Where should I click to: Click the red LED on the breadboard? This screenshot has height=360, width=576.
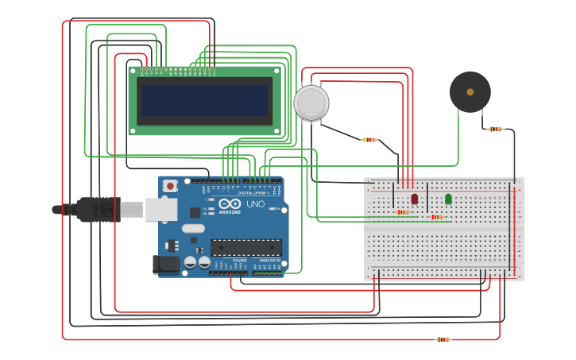(414, 198)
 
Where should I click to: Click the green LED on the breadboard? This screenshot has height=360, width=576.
(448, 198)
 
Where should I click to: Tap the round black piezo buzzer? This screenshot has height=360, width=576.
(470, 92)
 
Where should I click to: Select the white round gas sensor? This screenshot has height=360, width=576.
(311, 103)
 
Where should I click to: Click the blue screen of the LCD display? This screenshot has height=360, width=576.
(205, 100)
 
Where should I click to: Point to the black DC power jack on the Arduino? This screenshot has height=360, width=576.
(164, 265)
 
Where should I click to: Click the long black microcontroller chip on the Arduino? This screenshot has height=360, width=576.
(245, 248)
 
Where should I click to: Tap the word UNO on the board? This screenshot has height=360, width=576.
(255, 204)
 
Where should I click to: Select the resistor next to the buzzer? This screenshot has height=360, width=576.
(496, 129)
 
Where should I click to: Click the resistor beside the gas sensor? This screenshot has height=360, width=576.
(369, 140)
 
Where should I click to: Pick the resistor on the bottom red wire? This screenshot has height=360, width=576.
(443, 339)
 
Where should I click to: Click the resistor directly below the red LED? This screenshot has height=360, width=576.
(403, 212)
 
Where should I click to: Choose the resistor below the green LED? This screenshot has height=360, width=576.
(436, 217)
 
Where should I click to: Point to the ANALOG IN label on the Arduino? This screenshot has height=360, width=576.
(269, 260)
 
